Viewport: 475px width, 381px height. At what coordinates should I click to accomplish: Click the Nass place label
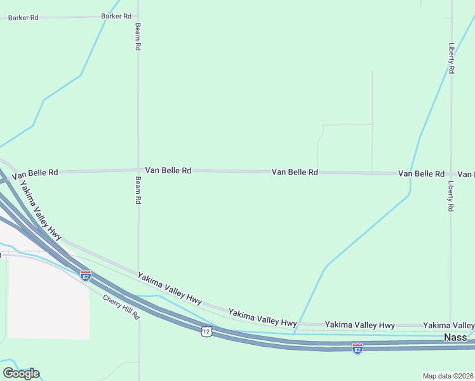point(455,337)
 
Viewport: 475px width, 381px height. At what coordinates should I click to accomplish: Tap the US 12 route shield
point(206,331)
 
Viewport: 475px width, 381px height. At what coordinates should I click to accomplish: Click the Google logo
point(21,373)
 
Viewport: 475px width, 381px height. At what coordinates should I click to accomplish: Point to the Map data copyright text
point(448,376)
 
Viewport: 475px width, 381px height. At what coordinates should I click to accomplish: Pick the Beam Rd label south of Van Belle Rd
point(138,190)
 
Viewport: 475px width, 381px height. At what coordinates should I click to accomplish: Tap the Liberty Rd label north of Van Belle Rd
point(451,58)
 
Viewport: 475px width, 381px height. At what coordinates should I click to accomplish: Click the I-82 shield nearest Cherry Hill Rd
point(86,276)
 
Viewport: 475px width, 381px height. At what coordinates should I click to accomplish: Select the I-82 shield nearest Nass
point(358,349)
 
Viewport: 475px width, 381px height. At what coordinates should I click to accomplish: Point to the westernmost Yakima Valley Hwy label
point(40,210)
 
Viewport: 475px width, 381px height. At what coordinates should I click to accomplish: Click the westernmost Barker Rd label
point(23,18)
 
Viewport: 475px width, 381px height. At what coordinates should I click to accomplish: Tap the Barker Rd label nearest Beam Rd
point(116,16)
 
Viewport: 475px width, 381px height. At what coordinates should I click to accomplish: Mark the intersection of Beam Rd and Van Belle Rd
point(138,170)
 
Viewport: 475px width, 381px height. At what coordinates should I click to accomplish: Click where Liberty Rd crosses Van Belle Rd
point(451,173)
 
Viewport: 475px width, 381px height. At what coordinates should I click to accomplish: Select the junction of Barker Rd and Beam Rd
point(138,16)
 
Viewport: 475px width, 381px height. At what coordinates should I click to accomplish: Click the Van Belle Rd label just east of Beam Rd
point(168,170)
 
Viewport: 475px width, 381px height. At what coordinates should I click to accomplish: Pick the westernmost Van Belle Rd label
point(35,173)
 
